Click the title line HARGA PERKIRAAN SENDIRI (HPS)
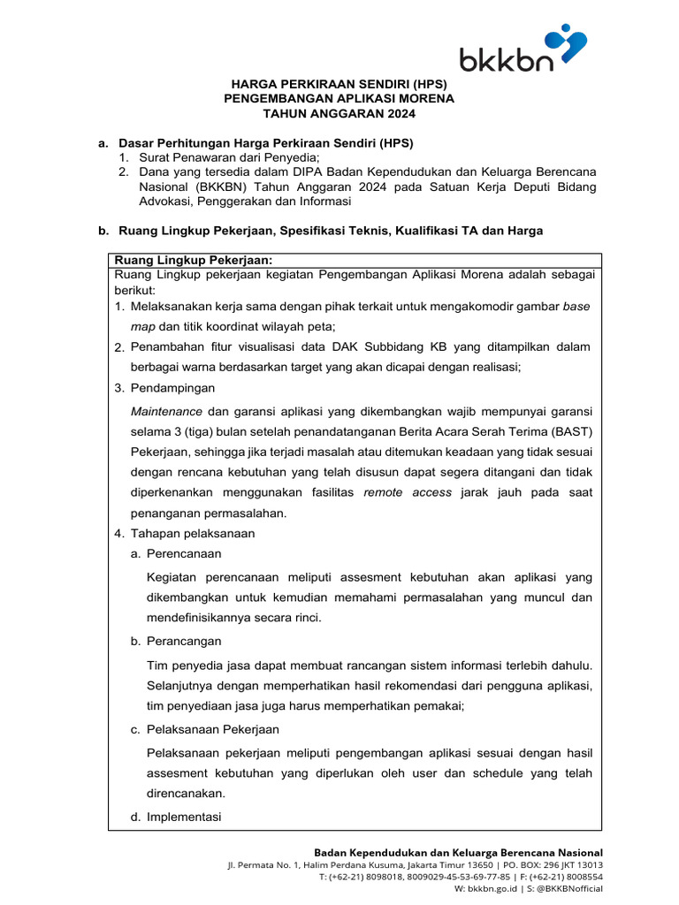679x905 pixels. [x=339, y=84]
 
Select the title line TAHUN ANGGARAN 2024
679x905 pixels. [x=339, y=113]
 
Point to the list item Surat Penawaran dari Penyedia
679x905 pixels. [x=224, y=156]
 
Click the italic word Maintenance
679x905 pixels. [x=166, y=412]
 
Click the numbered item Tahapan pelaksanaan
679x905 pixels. [x=193, y=533]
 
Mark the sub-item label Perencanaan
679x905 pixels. [x=184, y=553]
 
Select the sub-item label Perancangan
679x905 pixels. [x=184, y=641]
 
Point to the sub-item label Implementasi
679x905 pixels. [x=184, y=817]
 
